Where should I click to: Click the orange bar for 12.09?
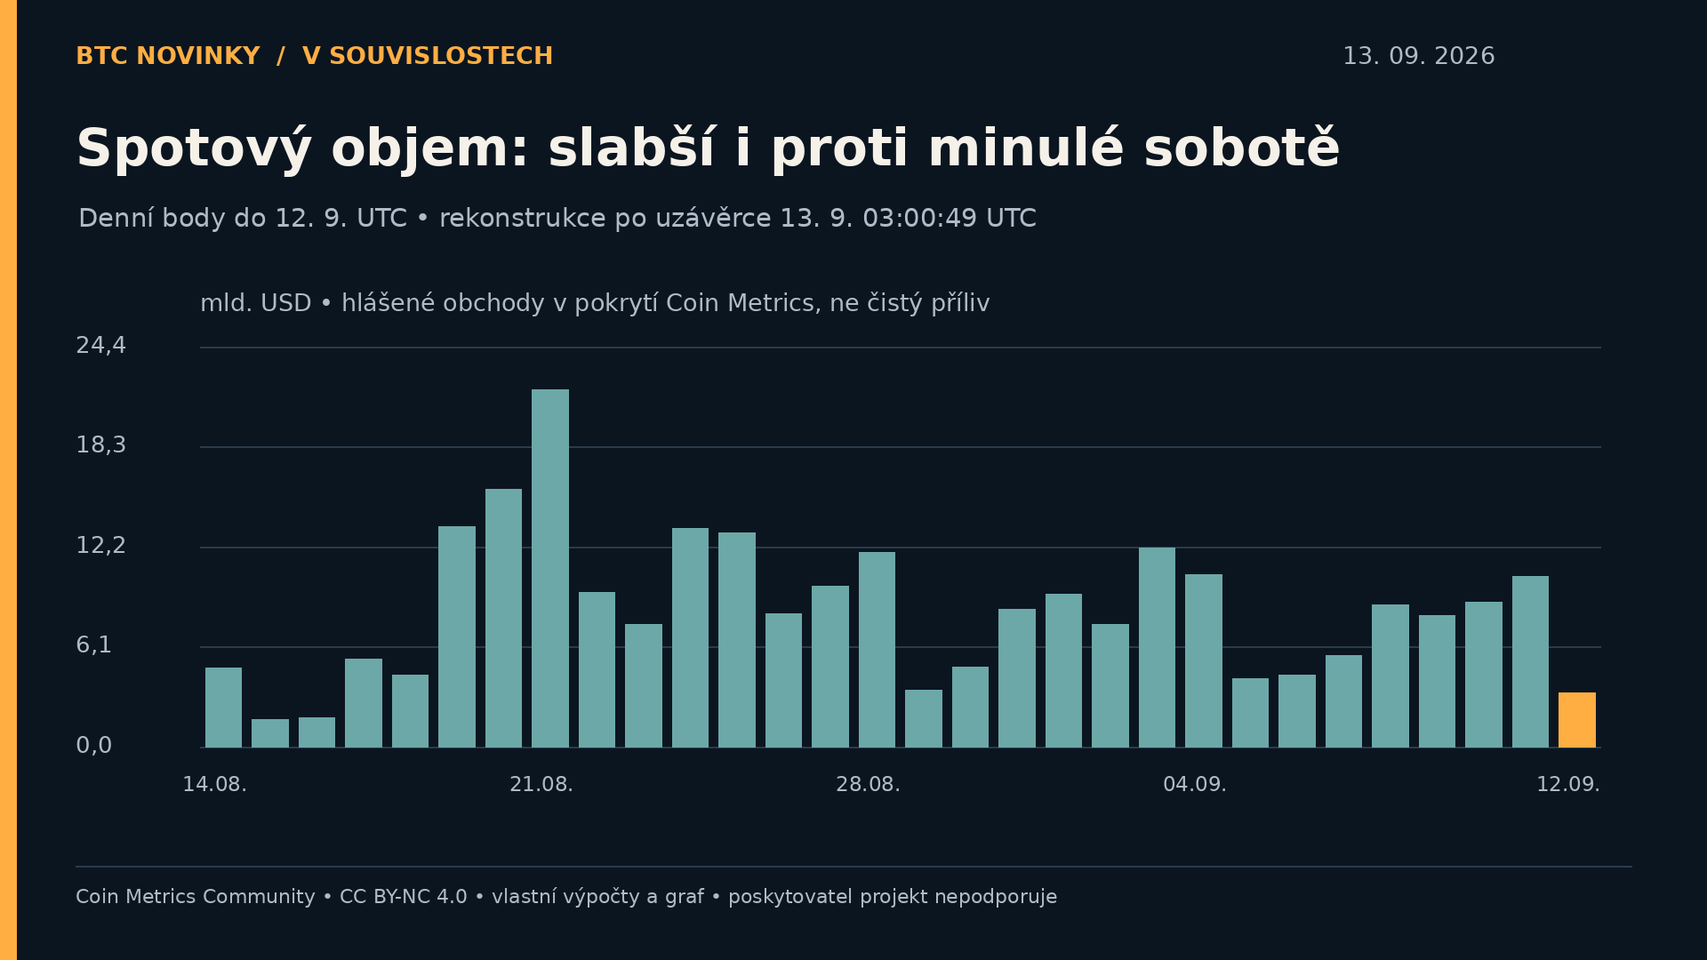pyautogui.click(x=1576, y=720)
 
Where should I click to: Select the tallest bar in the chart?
pyautogui.click(x=550, y=568)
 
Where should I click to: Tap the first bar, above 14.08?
pyautogui.click(x=223, y=708)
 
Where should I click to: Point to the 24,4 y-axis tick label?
pyautogui.click(x=101, y=346)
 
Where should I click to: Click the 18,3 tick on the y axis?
pyautogui.click(x=101, y=445)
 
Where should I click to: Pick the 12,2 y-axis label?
pyautogui.click(x=101, y=546)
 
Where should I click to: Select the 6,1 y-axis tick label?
pyautogui.click(x=94, y=645)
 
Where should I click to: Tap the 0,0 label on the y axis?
pyautogui.click(x=94, y=746)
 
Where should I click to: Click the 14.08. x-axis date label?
pyautogui.click(x=215, y=785)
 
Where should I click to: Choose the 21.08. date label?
pyautogui.click(x=541, y=785)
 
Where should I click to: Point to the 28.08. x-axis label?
pyautogui.click(x=868, y=785)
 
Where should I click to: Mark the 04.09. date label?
pyautogui.click(x=1195, y=785)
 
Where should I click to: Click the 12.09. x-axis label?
pyautogui.click(x=1568, y=785)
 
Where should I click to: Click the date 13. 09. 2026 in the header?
pyautogui.click(x=1419, y=56)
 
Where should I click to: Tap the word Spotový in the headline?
pyautogui.click(x=194, y=148)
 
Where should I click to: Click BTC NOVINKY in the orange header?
pyautogui.click(x=168, y=56)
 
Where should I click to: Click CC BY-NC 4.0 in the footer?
pyautogui.click(x=404, y=897)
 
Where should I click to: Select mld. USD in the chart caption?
pyautogui.click(x=256, y=303)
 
